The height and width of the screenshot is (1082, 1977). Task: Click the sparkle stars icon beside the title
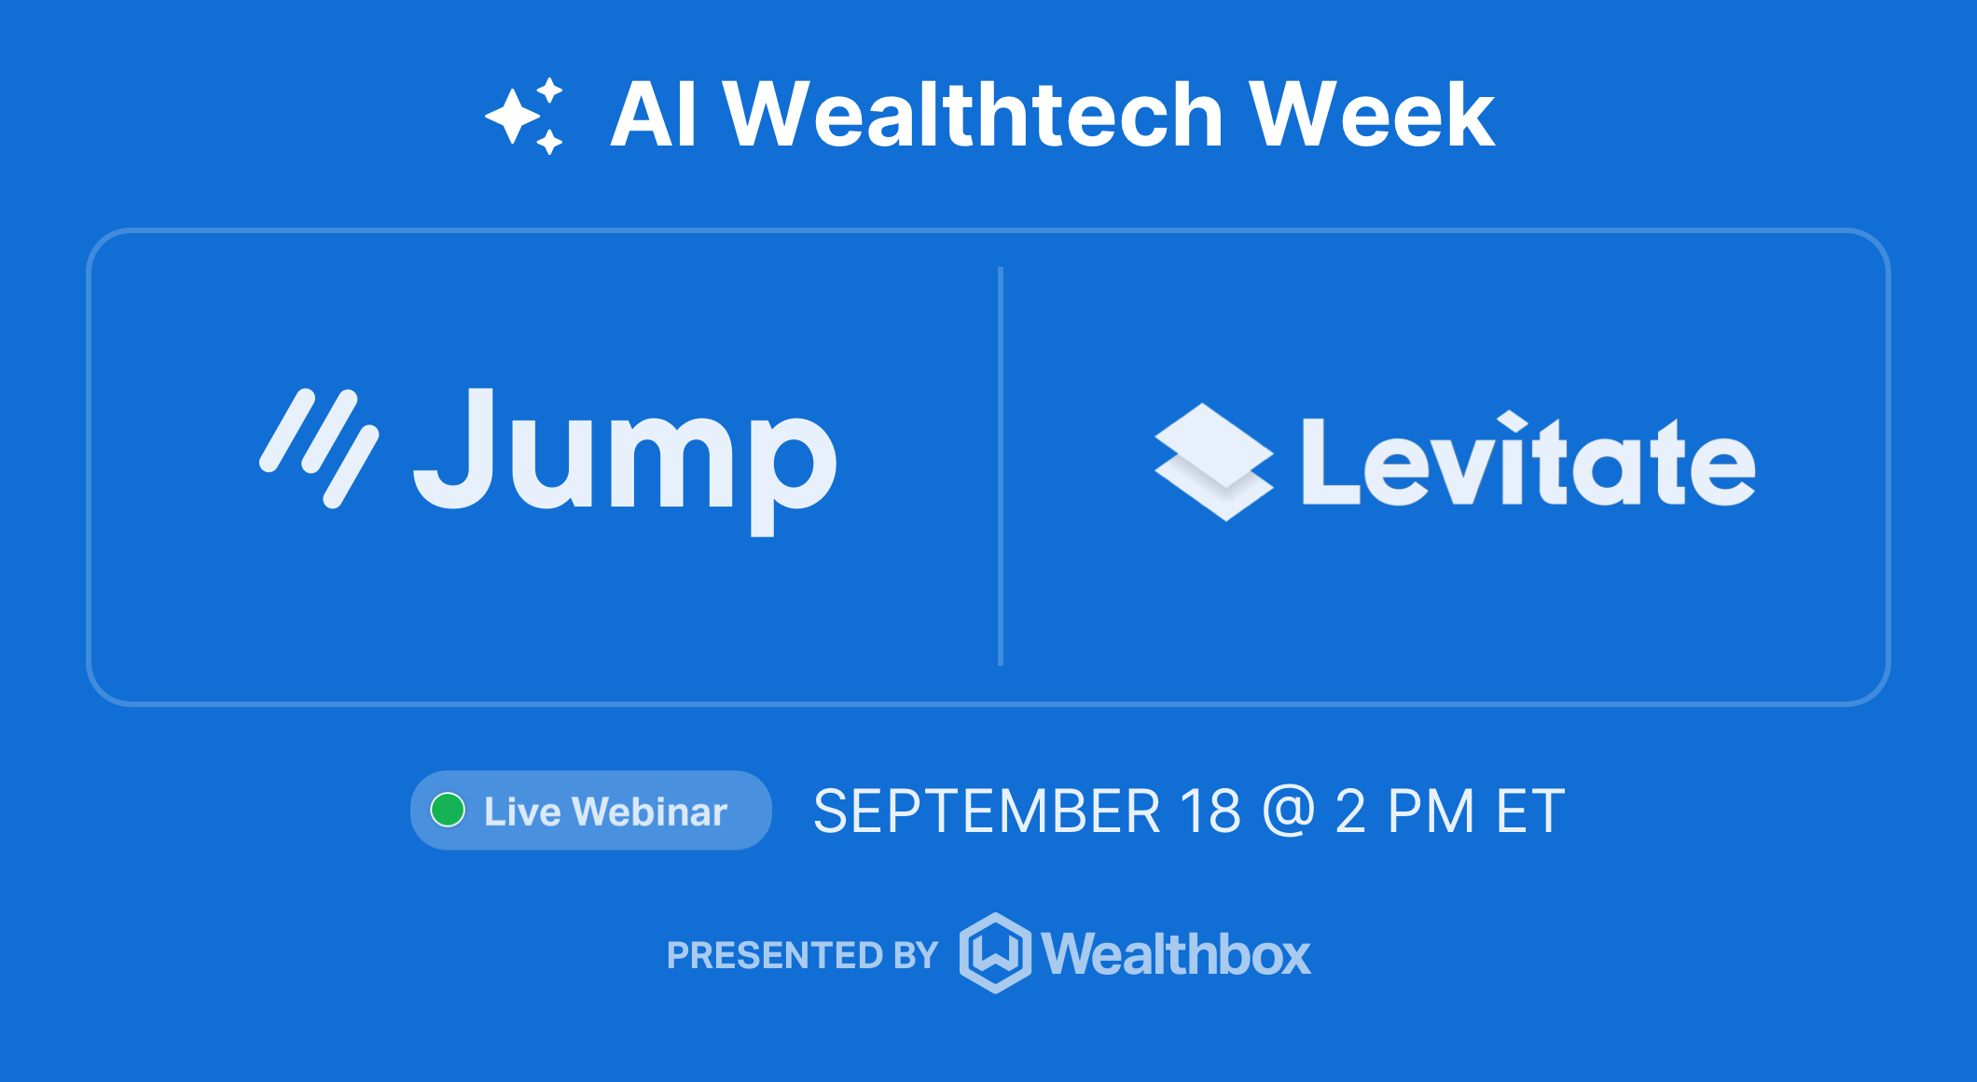point(525,116)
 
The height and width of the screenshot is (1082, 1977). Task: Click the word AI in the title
point(653,116)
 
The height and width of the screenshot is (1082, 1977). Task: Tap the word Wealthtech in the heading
point(973,116)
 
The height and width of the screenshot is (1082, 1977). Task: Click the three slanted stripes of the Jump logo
point(319,448)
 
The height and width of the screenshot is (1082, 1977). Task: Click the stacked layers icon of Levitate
point(1213,462)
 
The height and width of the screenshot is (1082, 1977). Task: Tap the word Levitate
point(1528,462)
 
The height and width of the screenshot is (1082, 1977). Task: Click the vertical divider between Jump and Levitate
point(1001,466)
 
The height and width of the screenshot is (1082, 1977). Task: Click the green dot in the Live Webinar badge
point(448,810)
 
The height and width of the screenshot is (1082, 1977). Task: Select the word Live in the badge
point(522,811)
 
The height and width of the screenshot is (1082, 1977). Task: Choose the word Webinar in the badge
point(649,811)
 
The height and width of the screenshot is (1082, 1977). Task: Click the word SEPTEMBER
point(987,811)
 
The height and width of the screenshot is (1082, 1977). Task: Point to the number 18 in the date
point(1210,811)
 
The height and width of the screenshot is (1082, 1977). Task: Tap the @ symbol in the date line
point(1288,811)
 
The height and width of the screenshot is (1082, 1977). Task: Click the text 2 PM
point(1404,811)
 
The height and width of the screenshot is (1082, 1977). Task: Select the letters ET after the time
point(1530,811)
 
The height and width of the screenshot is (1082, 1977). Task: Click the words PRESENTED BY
point(802,955)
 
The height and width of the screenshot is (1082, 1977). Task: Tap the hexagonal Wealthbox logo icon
point(995,953)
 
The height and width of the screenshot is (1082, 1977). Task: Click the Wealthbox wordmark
point(1176,954)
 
